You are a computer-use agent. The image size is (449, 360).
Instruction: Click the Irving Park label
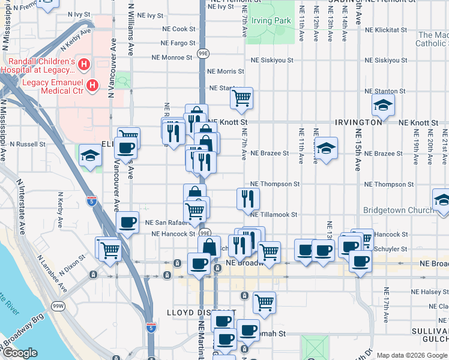pyautogui.click(x=271, y=21)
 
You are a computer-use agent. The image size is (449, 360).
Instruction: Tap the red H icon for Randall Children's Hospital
pyautogui.click(x=85, y=63)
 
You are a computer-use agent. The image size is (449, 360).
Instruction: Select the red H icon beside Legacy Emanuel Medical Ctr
pyautogui.click(x=92, y=85)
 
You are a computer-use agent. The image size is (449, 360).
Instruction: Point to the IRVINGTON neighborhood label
pyautogui.click(x=360, y=122)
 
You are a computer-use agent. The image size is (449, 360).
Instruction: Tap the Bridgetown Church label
pyautogui.click(x=398, y=210)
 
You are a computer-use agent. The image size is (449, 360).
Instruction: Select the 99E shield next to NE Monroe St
pyautogui.click(x=203, y=54)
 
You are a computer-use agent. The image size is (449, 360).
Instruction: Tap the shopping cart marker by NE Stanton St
pyautogui.click(x=241, y=98)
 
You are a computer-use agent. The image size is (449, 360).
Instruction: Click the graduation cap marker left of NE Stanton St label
pyautogui.click(x=383, y=105)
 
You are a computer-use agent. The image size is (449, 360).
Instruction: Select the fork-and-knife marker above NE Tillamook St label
pyautogui.click(x=248, y=198)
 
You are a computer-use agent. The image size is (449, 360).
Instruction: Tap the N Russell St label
pyautogui.click(x=28, y=144)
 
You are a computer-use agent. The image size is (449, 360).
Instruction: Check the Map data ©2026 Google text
pyautogui.click(x=411, y=355)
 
